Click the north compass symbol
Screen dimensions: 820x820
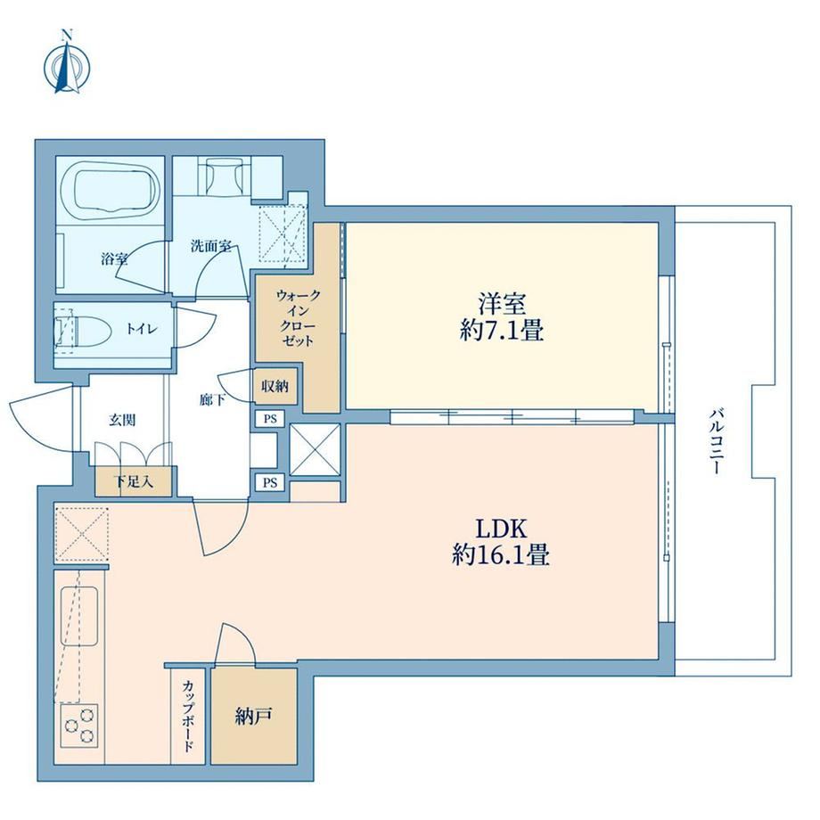coord(67,62)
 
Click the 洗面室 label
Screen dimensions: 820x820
coord(210,246)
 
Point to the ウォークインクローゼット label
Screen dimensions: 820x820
coord(298,318)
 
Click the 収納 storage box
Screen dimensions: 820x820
coord(275,387)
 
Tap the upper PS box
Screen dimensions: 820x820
coord(270,419)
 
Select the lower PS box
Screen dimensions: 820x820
coord(270,483)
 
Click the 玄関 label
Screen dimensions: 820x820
coord(122,420)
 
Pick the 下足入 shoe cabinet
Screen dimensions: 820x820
coord(134,481)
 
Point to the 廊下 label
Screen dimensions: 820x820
coord(213,400)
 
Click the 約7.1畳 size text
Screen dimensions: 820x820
coord(502,331)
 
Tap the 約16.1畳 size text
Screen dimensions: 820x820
coord(501,555)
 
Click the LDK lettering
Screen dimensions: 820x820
coord(501,529)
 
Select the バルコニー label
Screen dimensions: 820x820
coord(716,442)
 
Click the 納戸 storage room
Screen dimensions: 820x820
coord(254,717)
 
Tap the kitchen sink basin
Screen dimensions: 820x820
coord(79,616)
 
